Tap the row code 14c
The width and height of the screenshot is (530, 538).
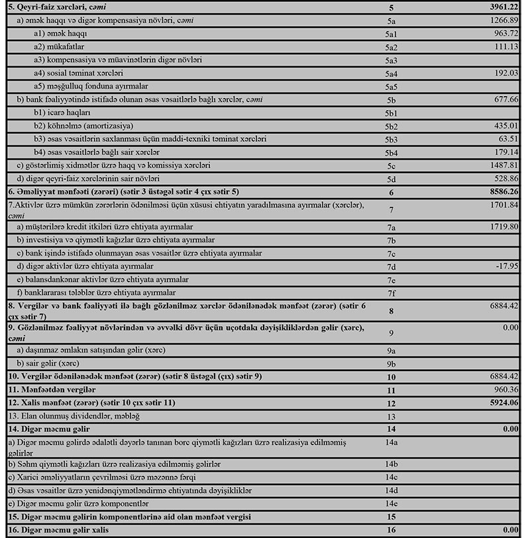point(392,476)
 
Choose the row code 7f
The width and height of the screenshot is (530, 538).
point(392,292)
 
